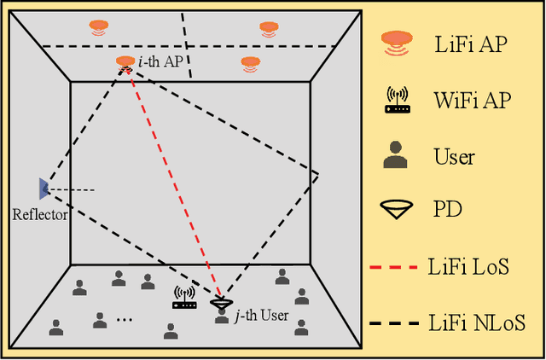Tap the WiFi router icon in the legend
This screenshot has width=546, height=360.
click(x=395, y=100)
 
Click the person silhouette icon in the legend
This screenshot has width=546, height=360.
click(x=395, y=155)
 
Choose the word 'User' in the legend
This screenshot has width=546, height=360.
click(x=454, y=157)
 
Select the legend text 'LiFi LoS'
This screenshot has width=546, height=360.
click(x=468, y=268)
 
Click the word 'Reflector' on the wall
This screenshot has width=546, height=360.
click(x=40, y=215)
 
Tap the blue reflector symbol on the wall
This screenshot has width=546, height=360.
click(x=43, y=189)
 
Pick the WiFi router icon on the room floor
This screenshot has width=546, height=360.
click(x=184, y=299)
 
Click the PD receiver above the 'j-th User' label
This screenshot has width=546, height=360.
click(x=221, y=303)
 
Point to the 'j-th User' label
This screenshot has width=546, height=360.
click(x=261, y=316)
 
